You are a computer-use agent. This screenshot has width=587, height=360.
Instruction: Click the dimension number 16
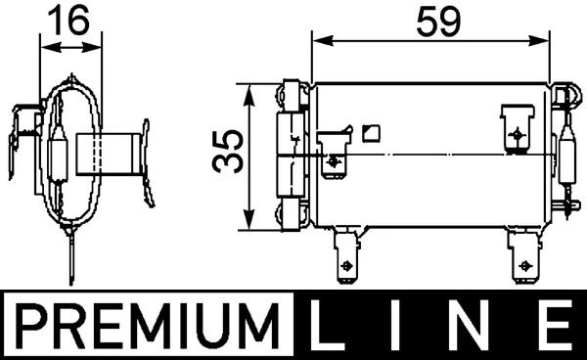pos(69,20)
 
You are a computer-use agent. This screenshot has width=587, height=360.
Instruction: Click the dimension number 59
pos(438,22)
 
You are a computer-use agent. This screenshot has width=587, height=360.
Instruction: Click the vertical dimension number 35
pos(228,152)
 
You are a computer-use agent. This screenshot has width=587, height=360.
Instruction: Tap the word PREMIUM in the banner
pos(148,325)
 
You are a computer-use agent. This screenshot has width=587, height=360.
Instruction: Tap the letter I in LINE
pos(395,325)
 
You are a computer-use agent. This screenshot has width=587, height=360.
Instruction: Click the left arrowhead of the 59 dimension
pos(323,41)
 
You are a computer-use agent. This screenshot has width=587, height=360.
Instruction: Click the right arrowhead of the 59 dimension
pos(539,41)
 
